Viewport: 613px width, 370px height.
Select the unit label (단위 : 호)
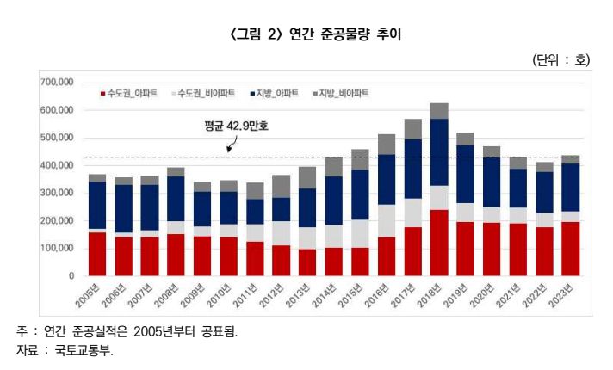click(561, 60)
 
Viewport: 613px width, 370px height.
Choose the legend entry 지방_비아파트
click(344, 93)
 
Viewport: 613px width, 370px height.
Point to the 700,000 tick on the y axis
click(57, 83)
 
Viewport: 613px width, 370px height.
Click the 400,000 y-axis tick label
click(57, 165)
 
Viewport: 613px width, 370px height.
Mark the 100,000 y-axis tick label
click(57, 249)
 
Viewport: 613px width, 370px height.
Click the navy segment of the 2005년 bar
click(97, 205)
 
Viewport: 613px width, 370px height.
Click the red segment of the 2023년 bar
click(569, 249)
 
